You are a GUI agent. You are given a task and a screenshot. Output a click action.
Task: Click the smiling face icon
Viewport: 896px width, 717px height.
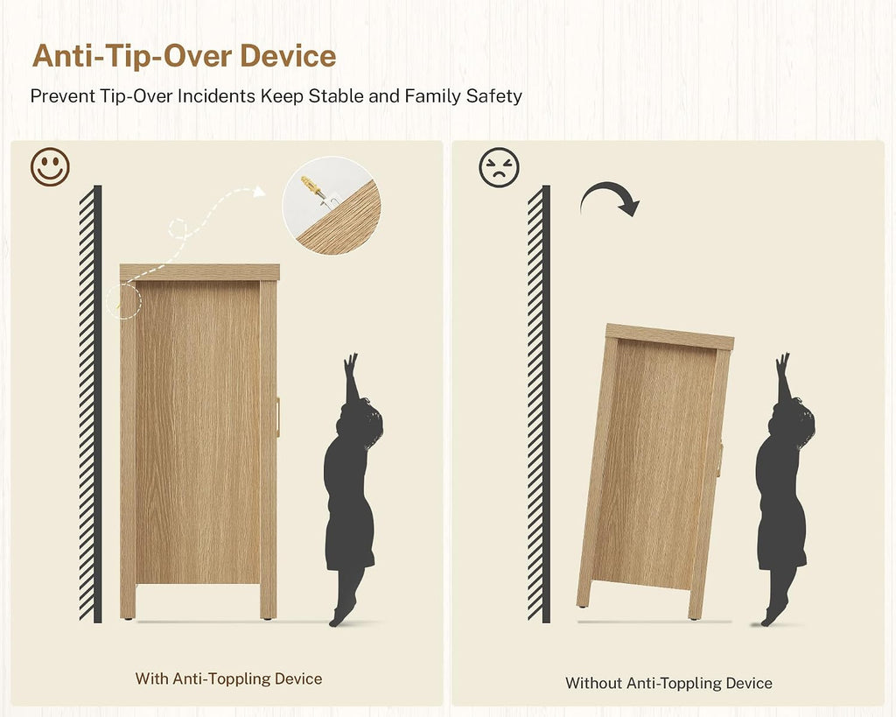coord(50,167)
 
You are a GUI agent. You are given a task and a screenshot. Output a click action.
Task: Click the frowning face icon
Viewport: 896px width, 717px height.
coord(499,167)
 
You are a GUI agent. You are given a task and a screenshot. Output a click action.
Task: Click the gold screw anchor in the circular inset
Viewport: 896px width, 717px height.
coord(312,186)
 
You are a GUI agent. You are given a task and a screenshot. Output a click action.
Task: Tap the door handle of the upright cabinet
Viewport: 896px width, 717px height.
coord(278,418)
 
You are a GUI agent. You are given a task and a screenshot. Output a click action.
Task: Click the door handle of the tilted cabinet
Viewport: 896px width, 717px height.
coord(719,460)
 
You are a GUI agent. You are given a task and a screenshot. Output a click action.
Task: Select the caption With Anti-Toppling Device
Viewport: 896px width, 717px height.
coord(228,678)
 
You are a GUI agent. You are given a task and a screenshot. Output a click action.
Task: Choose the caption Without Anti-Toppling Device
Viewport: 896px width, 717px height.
coord(668,683)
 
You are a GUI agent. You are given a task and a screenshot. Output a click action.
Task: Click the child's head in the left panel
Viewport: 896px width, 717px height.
coord(363,421)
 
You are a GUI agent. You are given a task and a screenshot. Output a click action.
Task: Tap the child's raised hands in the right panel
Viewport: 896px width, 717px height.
coord(782,363)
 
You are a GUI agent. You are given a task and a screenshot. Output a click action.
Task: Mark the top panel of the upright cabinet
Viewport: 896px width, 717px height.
coord(199,272)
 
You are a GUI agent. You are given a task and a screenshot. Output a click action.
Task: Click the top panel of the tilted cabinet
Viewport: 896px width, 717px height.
coord(669,336)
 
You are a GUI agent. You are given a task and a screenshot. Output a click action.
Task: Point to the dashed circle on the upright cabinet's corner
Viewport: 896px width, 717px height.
coord(123,301)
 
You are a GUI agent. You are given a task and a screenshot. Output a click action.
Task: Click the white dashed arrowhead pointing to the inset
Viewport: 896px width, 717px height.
coord(259,192)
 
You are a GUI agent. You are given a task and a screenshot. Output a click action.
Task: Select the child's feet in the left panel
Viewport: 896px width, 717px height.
coord(342,612)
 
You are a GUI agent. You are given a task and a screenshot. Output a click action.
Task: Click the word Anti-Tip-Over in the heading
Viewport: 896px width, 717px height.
coord(133,55)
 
